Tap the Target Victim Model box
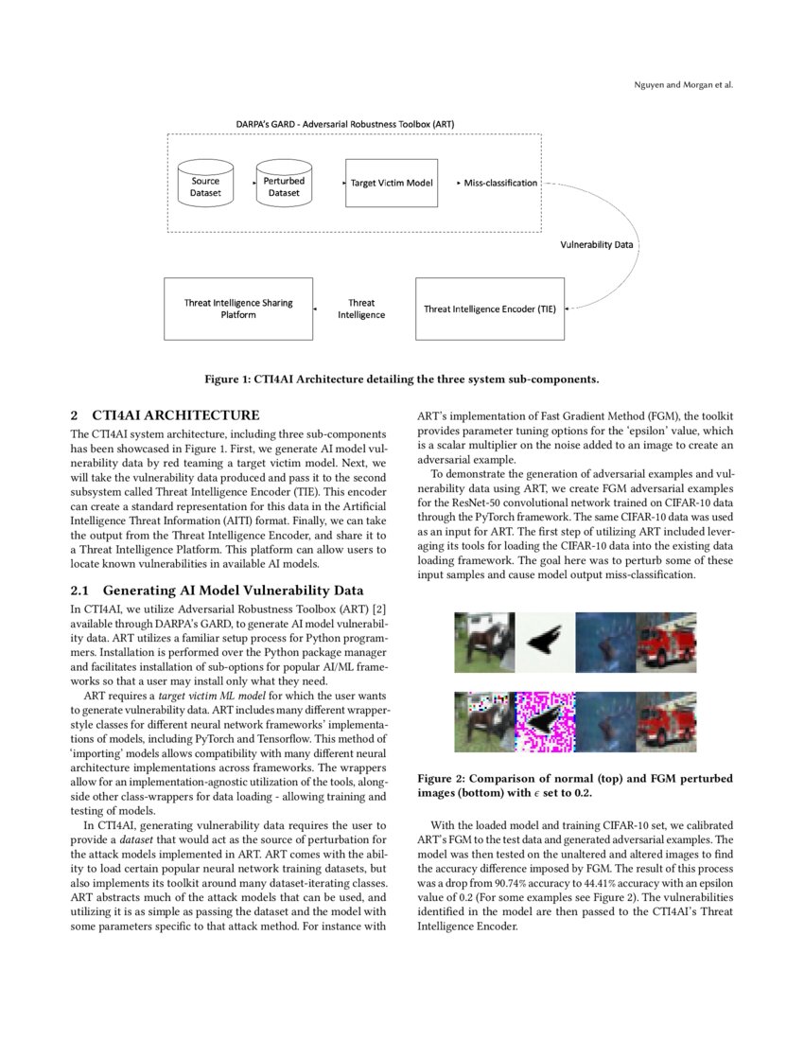click(392, 183)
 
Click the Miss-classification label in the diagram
click(500, 183)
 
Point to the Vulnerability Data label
click(597, 244)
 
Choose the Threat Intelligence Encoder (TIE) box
click(490, 309)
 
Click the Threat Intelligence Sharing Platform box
click(237, 309)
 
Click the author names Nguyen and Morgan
click(683, 85)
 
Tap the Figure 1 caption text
click(402, 379)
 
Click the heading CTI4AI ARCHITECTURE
click(165, 415)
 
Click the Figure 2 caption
click(575, 785)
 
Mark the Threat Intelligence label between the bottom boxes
click(361, 309)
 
